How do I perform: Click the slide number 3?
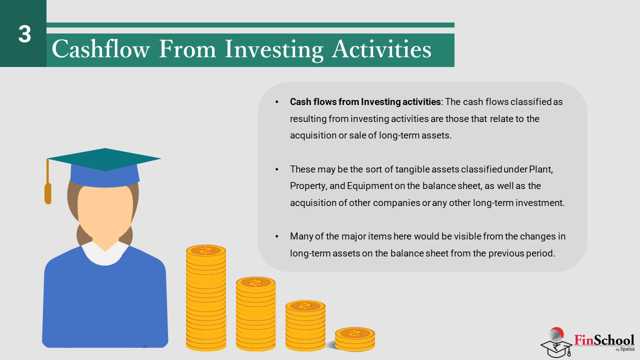coord(24,34)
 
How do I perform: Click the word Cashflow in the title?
coord(100,49)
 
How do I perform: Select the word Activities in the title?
coord(381,49)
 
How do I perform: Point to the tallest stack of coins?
coord(206,297)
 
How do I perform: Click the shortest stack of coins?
coord(355,339)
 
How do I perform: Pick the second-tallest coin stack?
coord(255,313)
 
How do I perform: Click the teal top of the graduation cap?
coord(104,159)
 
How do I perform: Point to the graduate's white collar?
coord(105,253)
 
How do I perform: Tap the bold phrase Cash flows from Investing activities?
coord(365,102)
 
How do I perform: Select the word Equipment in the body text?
coord(369,186)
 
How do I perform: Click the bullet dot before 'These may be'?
coord(277,169)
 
